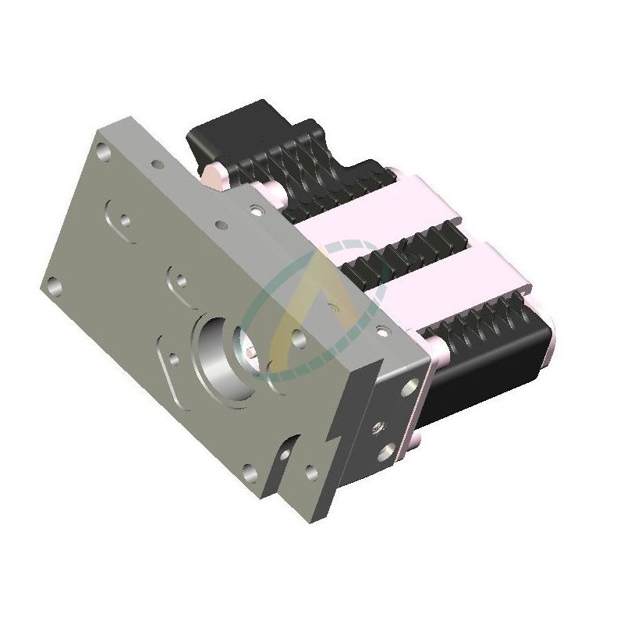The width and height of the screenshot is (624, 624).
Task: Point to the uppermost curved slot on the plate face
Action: point(121,214)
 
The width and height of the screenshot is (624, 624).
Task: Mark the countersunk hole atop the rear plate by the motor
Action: point(253,209)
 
